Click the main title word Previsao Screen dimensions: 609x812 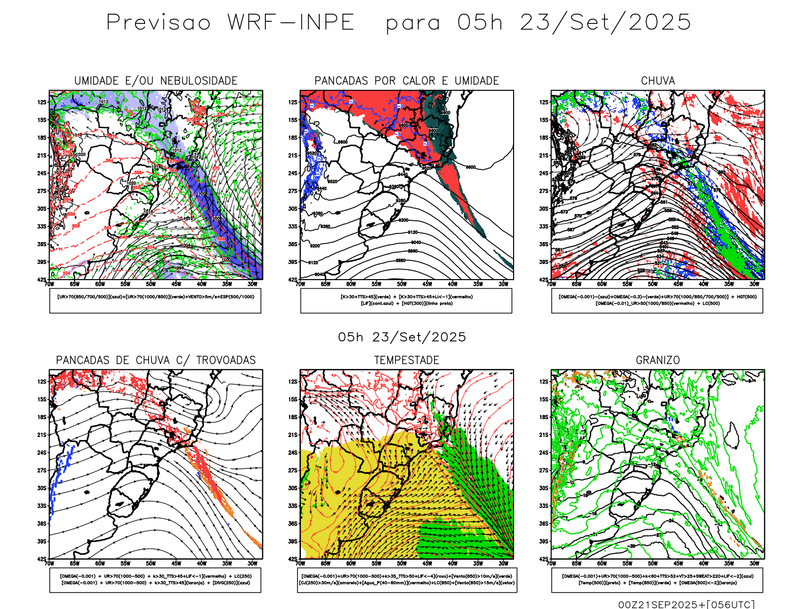pyautogui.click(x=158, y=23)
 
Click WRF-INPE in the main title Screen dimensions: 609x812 pyautogui.click(x=291, y=23)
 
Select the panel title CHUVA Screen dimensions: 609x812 pyautogui.click(x=658, y=81)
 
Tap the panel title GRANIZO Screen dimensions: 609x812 pyautogui.click(x=658, y=360)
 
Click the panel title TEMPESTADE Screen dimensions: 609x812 pyautogui.click(x=407, y=360)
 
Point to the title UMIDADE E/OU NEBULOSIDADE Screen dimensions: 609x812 pyautogui.click(x=156, y=81)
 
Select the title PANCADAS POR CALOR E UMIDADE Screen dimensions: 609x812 pyautogui.click(x=407, y=81)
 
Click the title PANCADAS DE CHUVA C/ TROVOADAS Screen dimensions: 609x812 pyautogui.click(x=156, y=360)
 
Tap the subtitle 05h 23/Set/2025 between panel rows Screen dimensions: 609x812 pyautogui.click(x=402, y=337)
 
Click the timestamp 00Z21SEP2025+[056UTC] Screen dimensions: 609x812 pyautogui.click(x=686, y=604)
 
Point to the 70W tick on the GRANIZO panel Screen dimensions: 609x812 pyautogui.click(x=551, y=563)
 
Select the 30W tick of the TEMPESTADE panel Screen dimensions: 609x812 pyautogui.click(x=503, y=563)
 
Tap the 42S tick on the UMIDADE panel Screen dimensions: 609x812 pyautogui.click(x=42, y=280)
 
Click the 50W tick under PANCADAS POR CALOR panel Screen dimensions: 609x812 pyautogui.click(x=401, y=284)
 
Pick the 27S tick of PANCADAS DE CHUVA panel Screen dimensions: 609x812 pyautogui.click(x=42, y=470)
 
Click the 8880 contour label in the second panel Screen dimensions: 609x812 pyautogui.click(x=400, y=260)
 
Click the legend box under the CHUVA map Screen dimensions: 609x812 pyautogui.click(x=657, y=300)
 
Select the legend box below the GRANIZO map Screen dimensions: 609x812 pyautogui.click(x=657, y=580)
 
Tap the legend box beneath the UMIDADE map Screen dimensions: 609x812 pyautogui.click(x=155, y=300)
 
